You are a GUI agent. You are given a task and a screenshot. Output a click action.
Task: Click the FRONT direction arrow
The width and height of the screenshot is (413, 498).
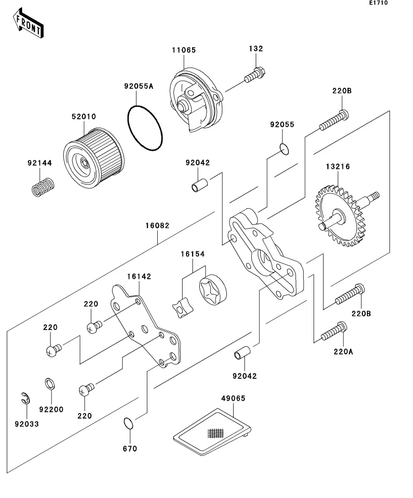[x=28, y=25]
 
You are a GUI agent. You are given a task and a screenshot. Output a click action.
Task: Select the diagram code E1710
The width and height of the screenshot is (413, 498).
[x=378, y=3]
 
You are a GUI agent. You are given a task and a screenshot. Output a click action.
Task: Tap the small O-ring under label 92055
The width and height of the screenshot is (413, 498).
[x=284, y=148]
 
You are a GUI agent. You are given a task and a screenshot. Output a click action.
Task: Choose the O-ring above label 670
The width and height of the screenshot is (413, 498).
[x=129, y=424]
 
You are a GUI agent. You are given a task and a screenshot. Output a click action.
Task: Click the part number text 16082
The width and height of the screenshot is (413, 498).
[x=157, y=225]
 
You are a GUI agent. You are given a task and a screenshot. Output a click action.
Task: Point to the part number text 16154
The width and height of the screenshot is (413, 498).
[x=192, y=254]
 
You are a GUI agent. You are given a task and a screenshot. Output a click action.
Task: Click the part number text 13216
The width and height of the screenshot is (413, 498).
[x=338, y=167]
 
